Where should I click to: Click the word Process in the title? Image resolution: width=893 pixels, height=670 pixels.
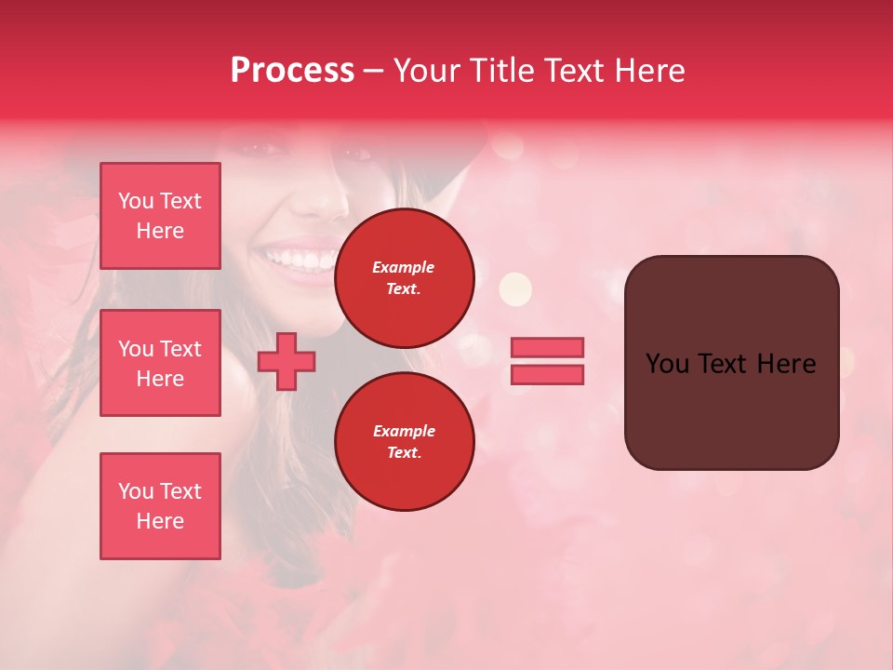click(x=292, y=71)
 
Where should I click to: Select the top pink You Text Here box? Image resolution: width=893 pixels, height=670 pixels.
click(x=160, y=216)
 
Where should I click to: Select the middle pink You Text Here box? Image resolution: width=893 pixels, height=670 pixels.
click(x=160, y=363)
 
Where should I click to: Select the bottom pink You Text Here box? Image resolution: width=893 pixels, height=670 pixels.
click(x=160, y=505)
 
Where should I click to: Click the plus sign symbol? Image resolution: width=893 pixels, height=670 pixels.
click(x=287, y=362)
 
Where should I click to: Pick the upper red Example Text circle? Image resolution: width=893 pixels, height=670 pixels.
click(x=404, y=277)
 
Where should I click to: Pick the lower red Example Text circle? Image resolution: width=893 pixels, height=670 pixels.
click(x=404, y=442)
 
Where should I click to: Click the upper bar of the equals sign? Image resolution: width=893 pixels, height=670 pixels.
click(x=547, y=347)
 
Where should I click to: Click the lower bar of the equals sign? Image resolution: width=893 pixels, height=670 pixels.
click(x=547, y=375)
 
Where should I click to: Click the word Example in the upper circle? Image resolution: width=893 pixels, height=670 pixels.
click(x=404, y=267)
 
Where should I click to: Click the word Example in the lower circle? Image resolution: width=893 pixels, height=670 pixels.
click(x=404, y=431)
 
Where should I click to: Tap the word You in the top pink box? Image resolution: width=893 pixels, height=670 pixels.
click(x=136, y=201)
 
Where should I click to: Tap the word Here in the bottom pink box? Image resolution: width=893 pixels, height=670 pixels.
click(x=160, y=521)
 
